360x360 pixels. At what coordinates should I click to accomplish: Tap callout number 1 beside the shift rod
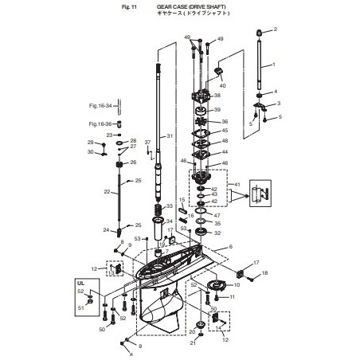point(273,64)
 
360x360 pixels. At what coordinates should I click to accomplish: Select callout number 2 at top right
point(276,29)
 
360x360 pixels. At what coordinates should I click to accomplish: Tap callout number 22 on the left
point(107,193)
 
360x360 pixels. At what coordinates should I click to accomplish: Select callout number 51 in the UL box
point(80,307)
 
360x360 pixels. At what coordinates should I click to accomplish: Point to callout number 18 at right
point(265,273)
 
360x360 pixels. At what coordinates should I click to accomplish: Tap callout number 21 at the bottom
point(192,343)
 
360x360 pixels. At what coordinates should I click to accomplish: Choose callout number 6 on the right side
point(231,247)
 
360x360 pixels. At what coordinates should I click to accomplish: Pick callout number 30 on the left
point(90,152)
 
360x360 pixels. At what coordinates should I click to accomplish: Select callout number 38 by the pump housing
point(217,96)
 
